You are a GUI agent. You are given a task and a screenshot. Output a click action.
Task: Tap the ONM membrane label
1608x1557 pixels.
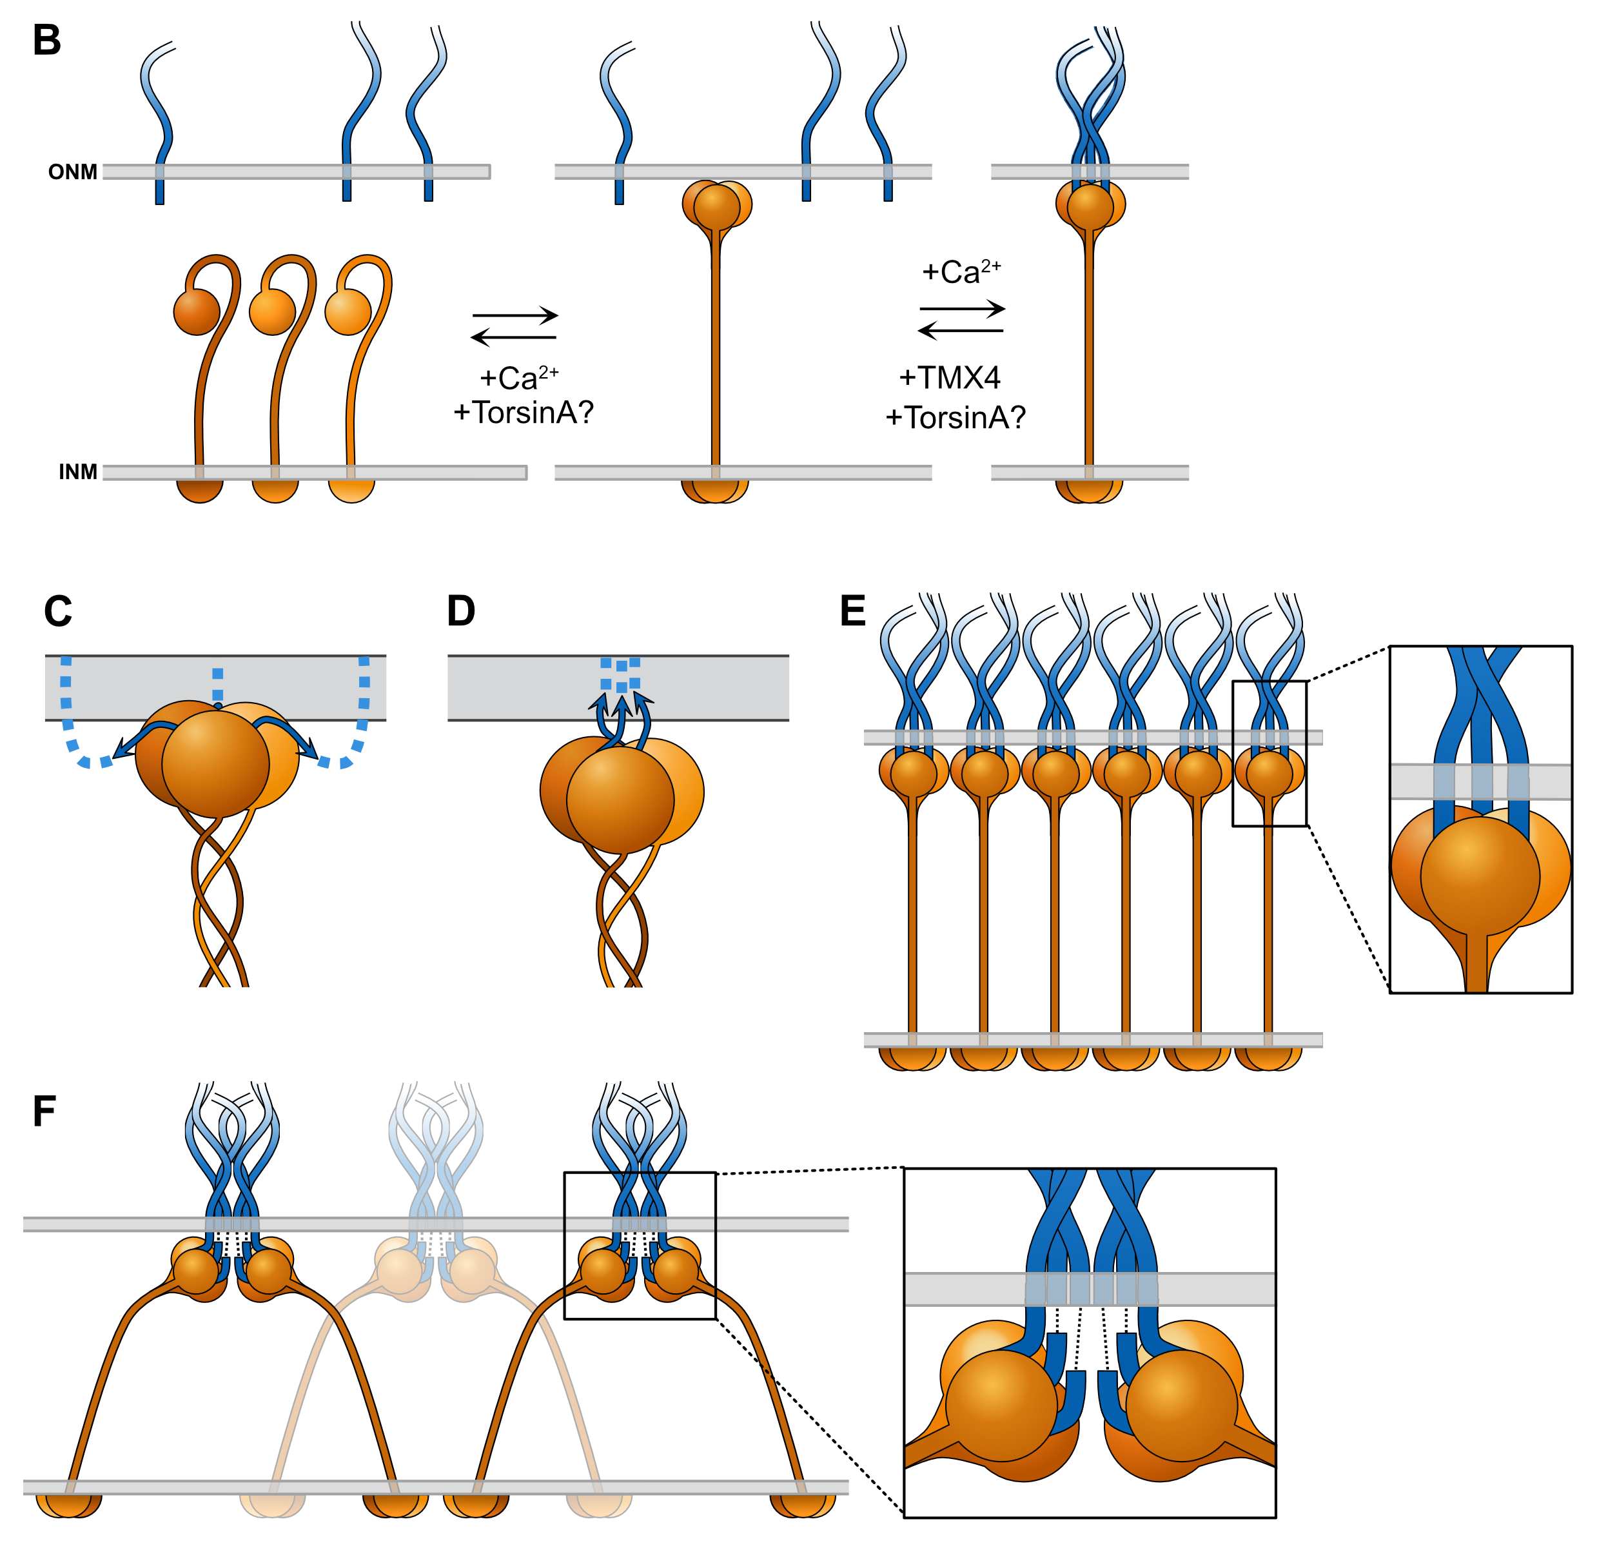click(72, 172)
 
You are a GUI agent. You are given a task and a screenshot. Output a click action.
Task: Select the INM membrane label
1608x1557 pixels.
click(78, 472)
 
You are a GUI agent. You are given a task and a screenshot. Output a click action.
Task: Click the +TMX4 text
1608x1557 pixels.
click(949, 378)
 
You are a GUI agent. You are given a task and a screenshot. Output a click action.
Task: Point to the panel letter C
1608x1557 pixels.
click(58, 612)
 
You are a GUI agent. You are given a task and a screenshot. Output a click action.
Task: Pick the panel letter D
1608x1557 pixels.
click(461, 611)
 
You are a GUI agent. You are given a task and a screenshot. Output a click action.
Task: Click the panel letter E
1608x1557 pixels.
click(853, 611)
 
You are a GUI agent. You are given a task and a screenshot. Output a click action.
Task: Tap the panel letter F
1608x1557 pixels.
click(44, 1111)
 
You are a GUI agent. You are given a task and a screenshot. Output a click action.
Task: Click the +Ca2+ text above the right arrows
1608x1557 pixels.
click(961, 271)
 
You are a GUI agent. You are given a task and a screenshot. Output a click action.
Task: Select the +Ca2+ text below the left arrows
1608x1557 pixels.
click(518, 378)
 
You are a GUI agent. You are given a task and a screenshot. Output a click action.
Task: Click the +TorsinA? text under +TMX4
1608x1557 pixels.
click(955, 418)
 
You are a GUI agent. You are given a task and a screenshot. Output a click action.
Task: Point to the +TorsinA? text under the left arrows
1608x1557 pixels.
click(524, 413)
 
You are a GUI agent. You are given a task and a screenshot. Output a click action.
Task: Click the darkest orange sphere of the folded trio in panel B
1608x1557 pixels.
click(197, 312)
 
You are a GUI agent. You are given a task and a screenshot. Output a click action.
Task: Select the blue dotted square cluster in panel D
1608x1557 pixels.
click(620, 674)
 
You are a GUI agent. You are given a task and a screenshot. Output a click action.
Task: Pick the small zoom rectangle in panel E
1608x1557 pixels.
click(1269, 753)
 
